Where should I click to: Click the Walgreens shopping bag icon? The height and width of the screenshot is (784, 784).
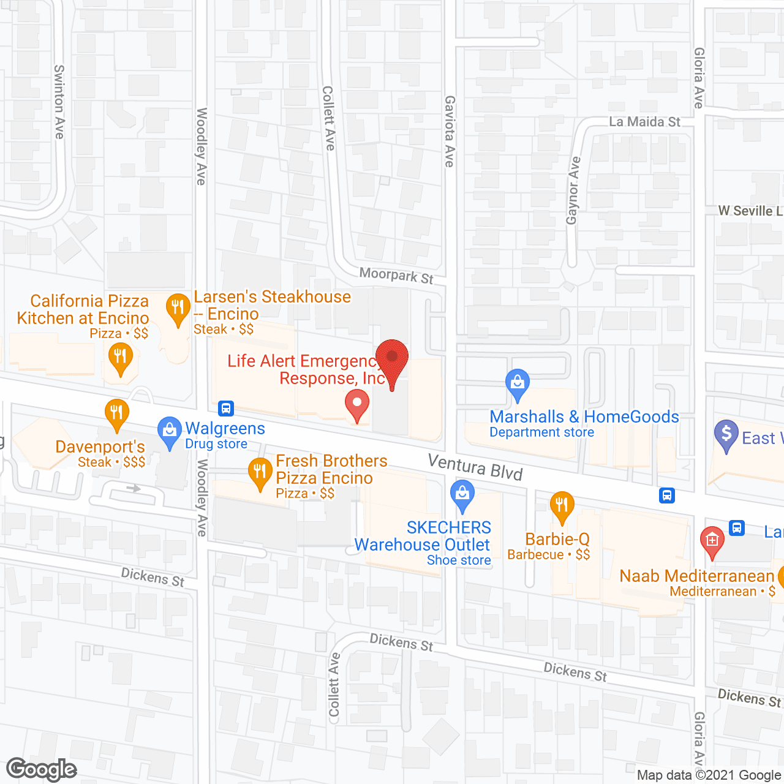point(169,431)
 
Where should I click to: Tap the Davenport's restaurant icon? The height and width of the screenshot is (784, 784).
point(116,413)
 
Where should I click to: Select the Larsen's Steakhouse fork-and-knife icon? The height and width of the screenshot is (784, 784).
point(178,308)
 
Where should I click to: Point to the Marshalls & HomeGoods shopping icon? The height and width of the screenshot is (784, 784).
point(518,383)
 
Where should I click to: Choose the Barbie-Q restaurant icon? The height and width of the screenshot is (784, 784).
point(562,507)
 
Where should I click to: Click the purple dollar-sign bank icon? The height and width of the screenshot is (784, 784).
point(726,434)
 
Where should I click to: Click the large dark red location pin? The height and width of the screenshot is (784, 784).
point(392,359)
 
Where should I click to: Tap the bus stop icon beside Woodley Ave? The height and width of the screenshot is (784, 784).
point(226,408)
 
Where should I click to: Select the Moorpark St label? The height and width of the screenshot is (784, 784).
point(396,276)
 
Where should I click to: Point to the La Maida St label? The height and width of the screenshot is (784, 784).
point(644,122)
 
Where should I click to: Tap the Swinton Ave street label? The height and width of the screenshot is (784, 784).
point(59,102)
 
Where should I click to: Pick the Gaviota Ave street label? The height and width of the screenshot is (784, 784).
point(450,131)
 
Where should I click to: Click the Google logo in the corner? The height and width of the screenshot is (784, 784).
point(42,769)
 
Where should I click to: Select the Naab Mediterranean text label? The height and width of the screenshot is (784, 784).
point(696,576)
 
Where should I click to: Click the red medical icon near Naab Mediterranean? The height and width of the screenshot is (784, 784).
point(712,541)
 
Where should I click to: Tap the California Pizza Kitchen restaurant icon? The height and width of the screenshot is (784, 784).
point(120,357)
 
